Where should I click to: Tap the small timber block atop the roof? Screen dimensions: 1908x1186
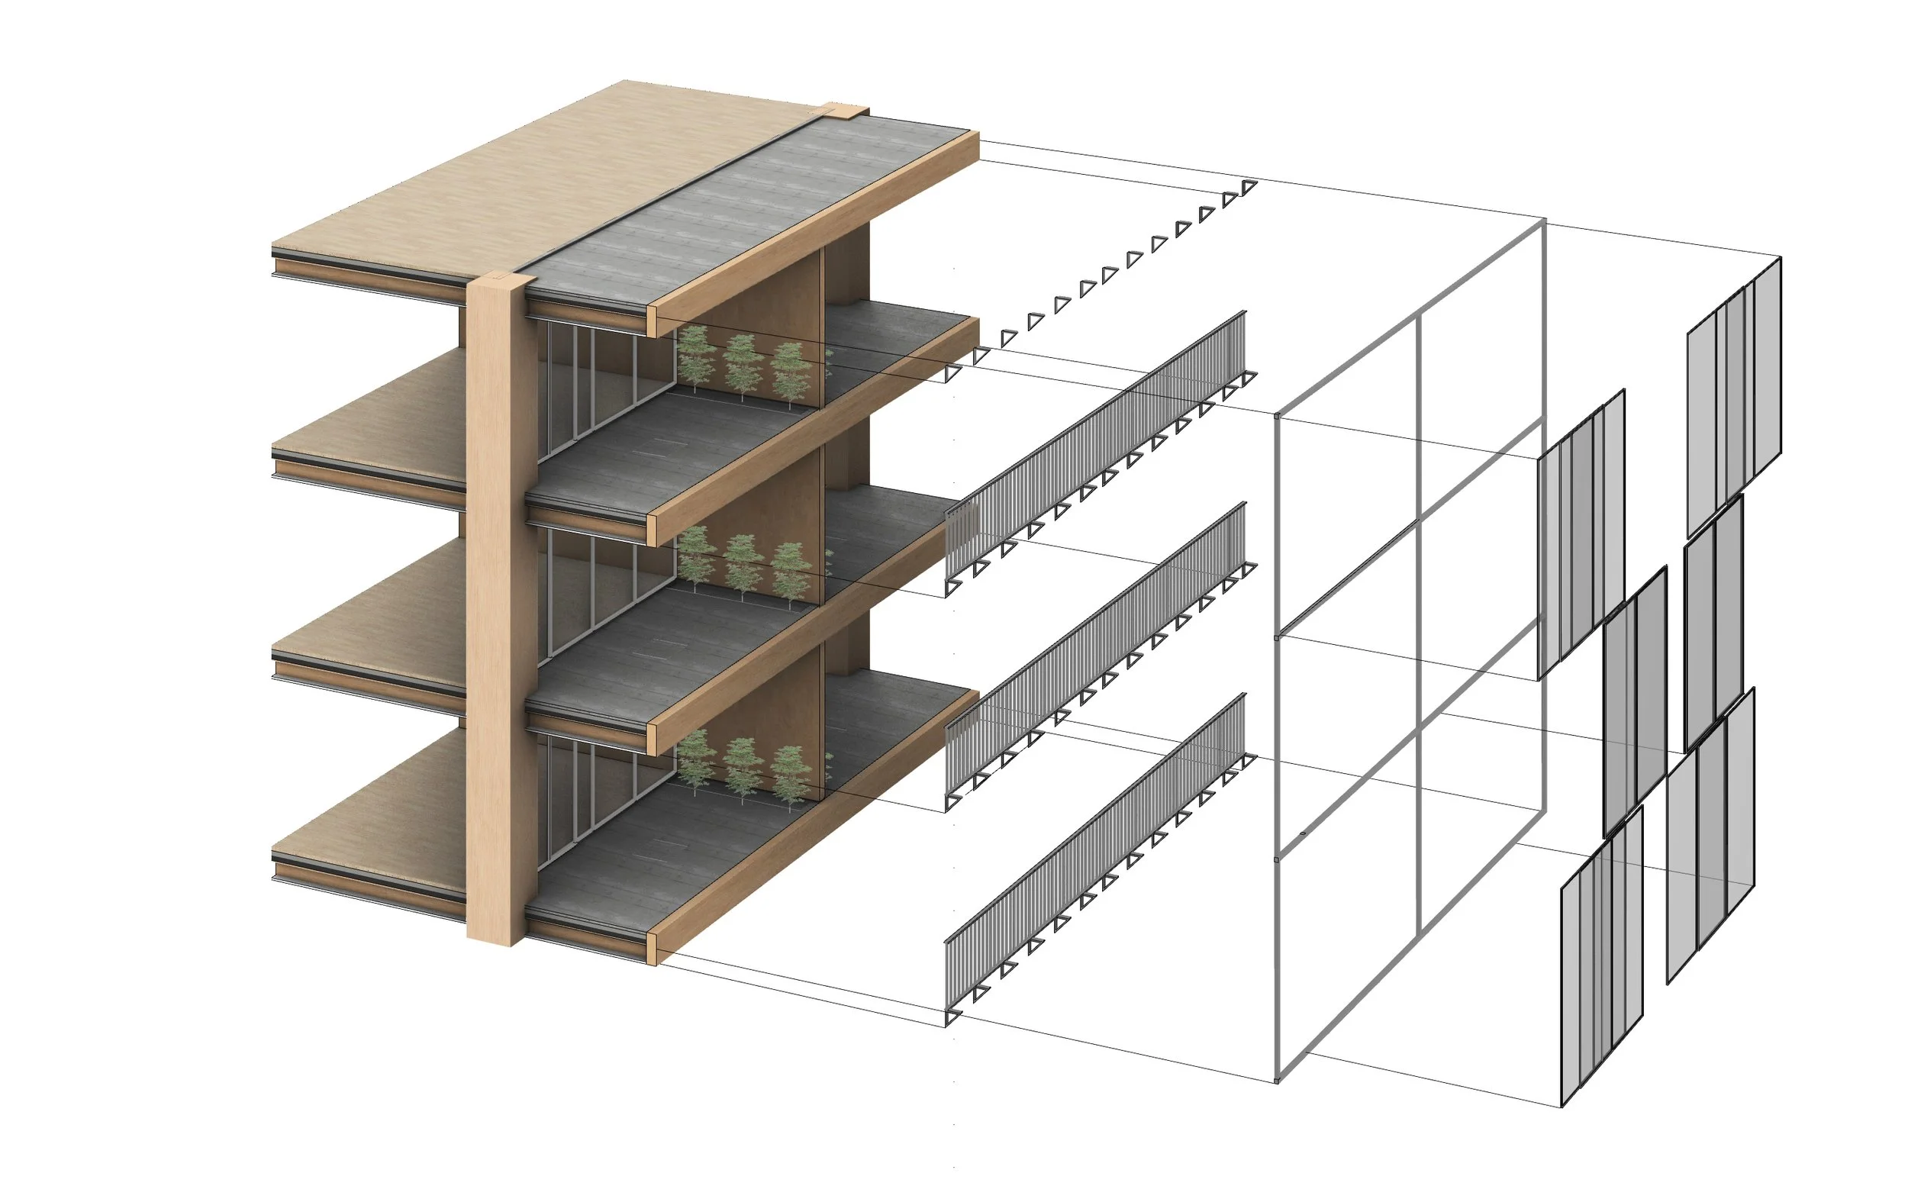tap(845, 111)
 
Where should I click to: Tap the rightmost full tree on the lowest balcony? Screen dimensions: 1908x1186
tap(791, 772)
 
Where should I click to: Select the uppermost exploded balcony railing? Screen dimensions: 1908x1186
tap(1098, 440)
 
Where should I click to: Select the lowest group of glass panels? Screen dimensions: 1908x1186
tap(1600, 965)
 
